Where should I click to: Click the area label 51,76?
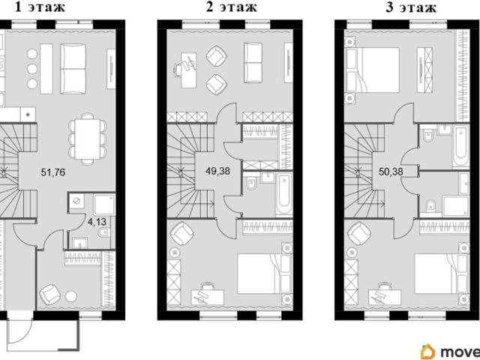coord(53,172)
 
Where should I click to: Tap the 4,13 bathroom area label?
coord(97,222)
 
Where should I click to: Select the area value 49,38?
coord(218,171)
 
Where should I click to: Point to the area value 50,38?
coord(391,172)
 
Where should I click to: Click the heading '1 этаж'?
coord(40,7)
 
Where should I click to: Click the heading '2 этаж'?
coord(232,7)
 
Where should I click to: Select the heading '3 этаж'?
coord(411,7)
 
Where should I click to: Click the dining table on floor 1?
coord(88,139)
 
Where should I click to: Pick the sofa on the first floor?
coord(73,68)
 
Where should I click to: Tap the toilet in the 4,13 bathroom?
coord(103,233)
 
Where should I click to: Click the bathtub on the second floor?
coord(283,193)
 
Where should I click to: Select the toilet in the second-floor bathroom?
coord(251,183)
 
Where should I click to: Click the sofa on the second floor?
coord(253,62)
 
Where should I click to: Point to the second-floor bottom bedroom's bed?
coord(265,273)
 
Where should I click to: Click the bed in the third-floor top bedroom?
coord(372,70)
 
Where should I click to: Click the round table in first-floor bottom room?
coord(71,296)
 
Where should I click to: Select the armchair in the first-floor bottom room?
coord(50,295)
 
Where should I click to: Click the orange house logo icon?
coord(428,352)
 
